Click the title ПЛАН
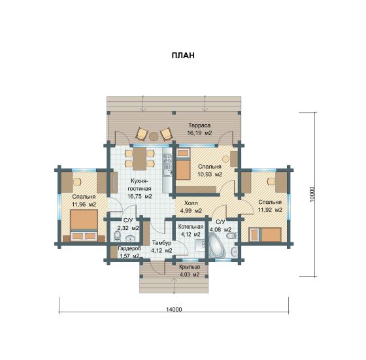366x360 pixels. tap(183, 56)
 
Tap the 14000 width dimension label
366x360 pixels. tap(174, 310)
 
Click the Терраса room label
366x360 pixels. tap(199, 125)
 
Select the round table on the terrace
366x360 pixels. tap(154, 137)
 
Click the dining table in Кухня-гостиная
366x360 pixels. tap(139, 158)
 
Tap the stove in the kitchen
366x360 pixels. tap(167, 158)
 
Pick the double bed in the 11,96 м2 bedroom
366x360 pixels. tap(84, 225)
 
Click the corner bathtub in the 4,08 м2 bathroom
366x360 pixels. tap(217, 246)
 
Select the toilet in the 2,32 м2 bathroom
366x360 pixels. tap(117, 236)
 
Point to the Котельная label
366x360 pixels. tap(190, 227)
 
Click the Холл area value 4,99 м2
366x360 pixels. tap(191, 211)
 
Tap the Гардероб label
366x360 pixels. tap(129, 248)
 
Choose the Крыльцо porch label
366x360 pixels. tap(190, 267)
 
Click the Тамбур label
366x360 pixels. tap(161, 243)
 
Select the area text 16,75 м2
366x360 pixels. tap(140, 196)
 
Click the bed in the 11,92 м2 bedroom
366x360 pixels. tap(265, 235)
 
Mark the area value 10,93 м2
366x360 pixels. tap(210, 174)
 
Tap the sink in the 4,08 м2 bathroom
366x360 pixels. tap(234, 252)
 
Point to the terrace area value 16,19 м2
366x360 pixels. tap(199, 133)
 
